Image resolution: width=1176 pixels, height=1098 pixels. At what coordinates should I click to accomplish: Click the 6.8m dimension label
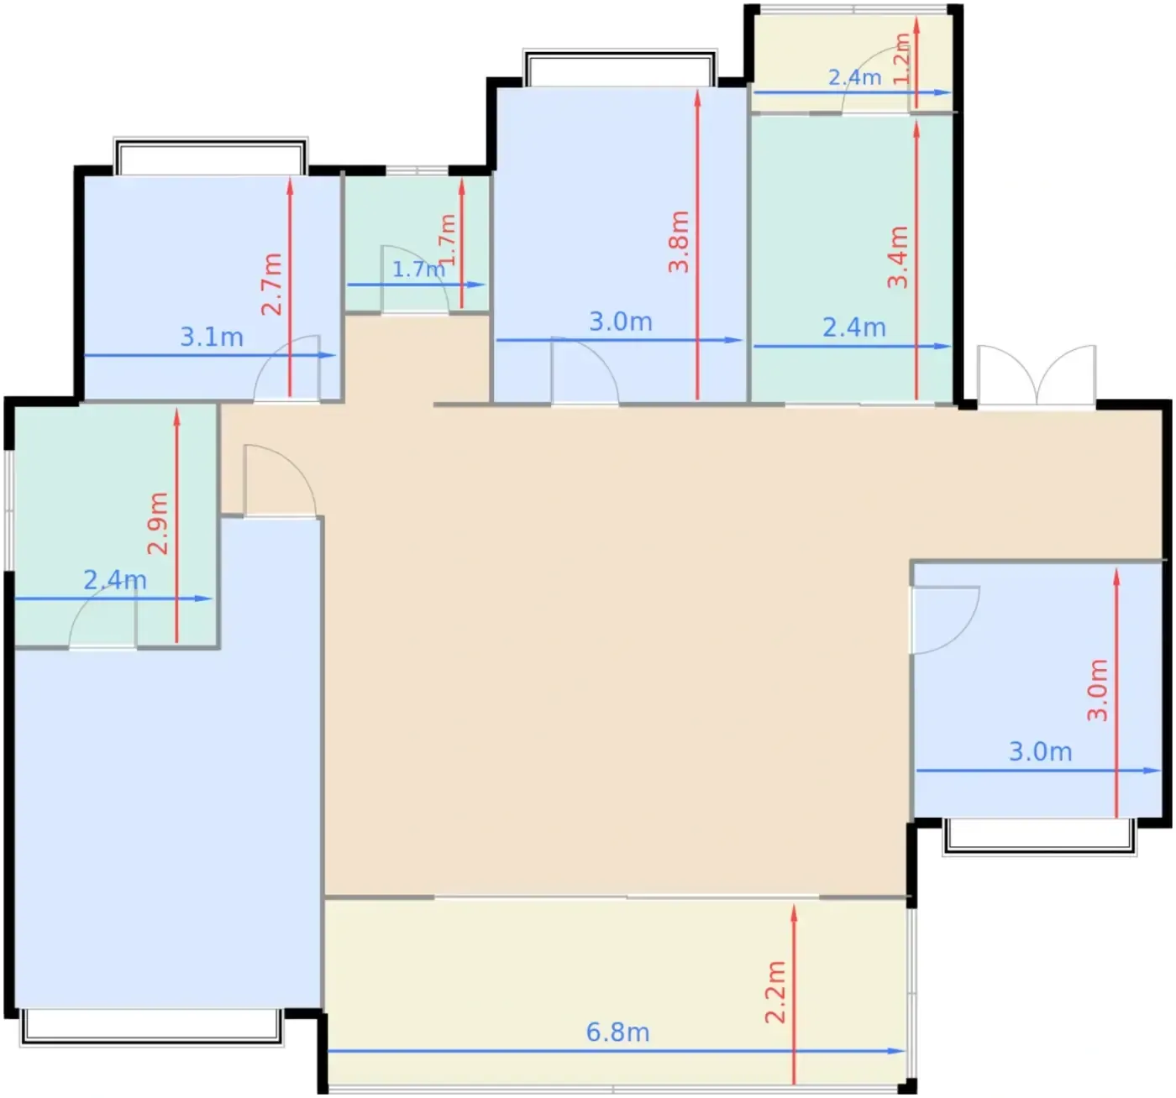pos(617,1033)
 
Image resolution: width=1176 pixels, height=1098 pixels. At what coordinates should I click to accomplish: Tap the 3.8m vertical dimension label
pos(680,242)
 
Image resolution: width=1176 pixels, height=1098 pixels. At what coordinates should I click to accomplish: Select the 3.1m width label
pos(212,337)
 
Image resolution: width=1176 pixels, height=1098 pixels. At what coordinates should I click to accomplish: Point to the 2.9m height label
pos(158,523)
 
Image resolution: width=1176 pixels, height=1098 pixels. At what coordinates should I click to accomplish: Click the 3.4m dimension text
pos(898,257)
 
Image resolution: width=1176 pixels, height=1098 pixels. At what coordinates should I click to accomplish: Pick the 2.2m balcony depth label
pos(775,992)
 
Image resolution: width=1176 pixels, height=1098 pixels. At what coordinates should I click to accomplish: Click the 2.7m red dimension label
pos(271,284)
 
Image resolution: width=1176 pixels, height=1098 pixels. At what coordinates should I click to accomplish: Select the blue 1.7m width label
pos(418,269)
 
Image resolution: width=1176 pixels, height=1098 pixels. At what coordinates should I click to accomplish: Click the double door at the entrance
pos(1037,375)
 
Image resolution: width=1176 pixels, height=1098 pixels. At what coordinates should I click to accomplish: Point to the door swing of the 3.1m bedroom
pos(287,369)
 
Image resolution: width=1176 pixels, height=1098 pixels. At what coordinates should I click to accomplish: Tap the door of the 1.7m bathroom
pos(415,278)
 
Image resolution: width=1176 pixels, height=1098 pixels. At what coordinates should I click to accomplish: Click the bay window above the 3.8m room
pos(620,68)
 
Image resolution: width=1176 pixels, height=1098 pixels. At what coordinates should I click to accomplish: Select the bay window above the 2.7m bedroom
pos(210,156)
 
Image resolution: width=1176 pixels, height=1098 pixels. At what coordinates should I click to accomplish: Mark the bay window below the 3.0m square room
pos(1040,837)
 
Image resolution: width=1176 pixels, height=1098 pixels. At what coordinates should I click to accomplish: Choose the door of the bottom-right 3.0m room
pos(945,620)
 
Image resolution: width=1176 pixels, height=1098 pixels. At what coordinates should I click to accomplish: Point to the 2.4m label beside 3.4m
pos(854,327)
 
